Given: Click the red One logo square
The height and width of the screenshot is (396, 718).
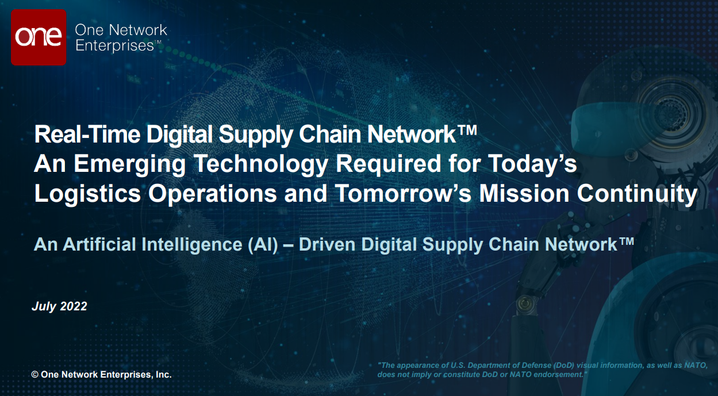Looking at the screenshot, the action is point(39,37).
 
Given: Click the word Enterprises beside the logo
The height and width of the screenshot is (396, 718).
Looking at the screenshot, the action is point(114,45).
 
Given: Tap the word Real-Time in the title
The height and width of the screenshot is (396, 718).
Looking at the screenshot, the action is point(87,134).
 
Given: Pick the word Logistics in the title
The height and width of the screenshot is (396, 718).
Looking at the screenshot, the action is point(87,194).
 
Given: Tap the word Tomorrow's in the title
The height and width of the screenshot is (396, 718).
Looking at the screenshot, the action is point(403,193).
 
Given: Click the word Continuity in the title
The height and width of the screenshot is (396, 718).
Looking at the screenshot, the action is point(637,194).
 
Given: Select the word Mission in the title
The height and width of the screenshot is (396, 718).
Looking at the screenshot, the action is point(524,193).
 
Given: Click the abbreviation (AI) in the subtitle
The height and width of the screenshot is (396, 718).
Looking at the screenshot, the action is point(263,245).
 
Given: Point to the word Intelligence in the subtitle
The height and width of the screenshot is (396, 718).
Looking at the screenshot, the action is point(191,245).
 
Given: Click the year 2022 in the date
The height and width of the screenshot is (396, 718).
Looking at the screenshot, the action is point(74,306).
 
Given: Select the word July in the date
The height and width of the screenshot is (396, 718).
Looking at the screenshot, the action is point(44,306).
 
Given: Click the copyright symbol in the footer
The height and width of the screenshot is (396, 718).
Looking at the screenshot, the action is point(35,375).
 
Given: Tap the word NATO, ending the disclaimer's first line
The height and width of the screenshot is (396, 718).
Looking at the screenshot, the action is point(696,365).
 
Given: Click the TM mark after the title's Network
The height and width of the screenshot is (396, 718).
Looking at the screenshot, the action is point(467,130).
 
